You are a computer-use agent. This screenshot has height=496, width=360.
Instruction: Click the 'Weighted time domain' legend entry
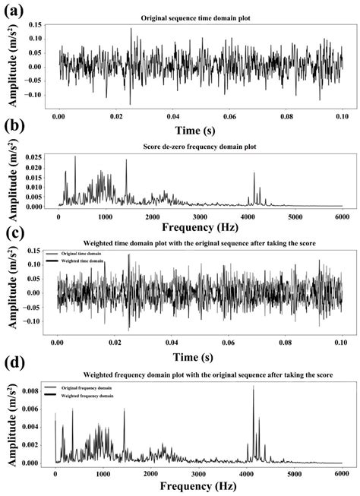81,261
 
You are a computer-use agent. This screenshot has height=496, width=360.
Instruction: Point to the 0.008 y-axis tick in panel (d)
36,390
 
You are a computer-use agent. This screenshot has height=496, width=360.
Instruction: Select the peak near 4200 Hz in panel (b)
254,174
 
